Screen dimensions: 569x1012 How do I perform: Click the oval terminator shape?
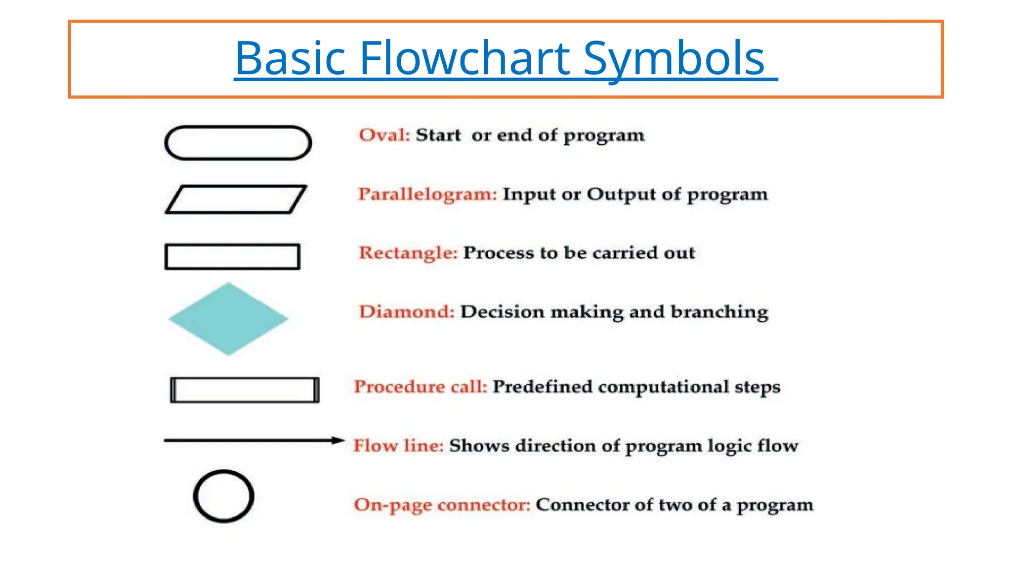(x=238, y=143)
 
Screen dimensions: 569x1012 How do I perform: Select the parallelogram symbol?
(x=236, y=200)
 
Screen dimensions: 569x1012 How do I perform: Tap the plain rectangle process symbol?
(x=232, y=256)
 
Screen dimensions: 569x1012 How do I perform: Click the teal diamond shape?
(x=228, y=319)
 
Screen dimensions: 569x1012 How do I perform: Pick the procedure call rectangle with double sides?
(x=245, y=390)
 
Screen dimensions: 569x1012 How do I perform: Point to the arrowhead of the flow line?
(x=338, y=440)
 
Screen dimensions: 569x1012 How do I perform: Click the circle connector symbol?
(x=224, y=496)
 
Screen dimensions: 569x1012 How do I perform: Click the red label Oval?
(x=384, y=135)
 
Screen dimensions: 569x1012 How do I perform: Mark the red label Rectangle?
(x=408, y=253)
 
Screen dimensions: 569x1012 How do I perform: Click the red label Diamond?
(x=406, y=312)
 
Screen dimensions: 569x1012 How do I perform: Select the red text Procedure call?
(x=421, y=387)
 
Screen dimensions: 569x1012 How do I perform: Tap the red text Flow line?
(x=398, y=446)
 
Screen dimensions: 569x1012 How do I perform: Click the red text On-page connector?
(x=442, y=505)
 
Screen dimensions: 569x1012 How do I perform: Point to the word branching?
(x=719, y=312)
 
